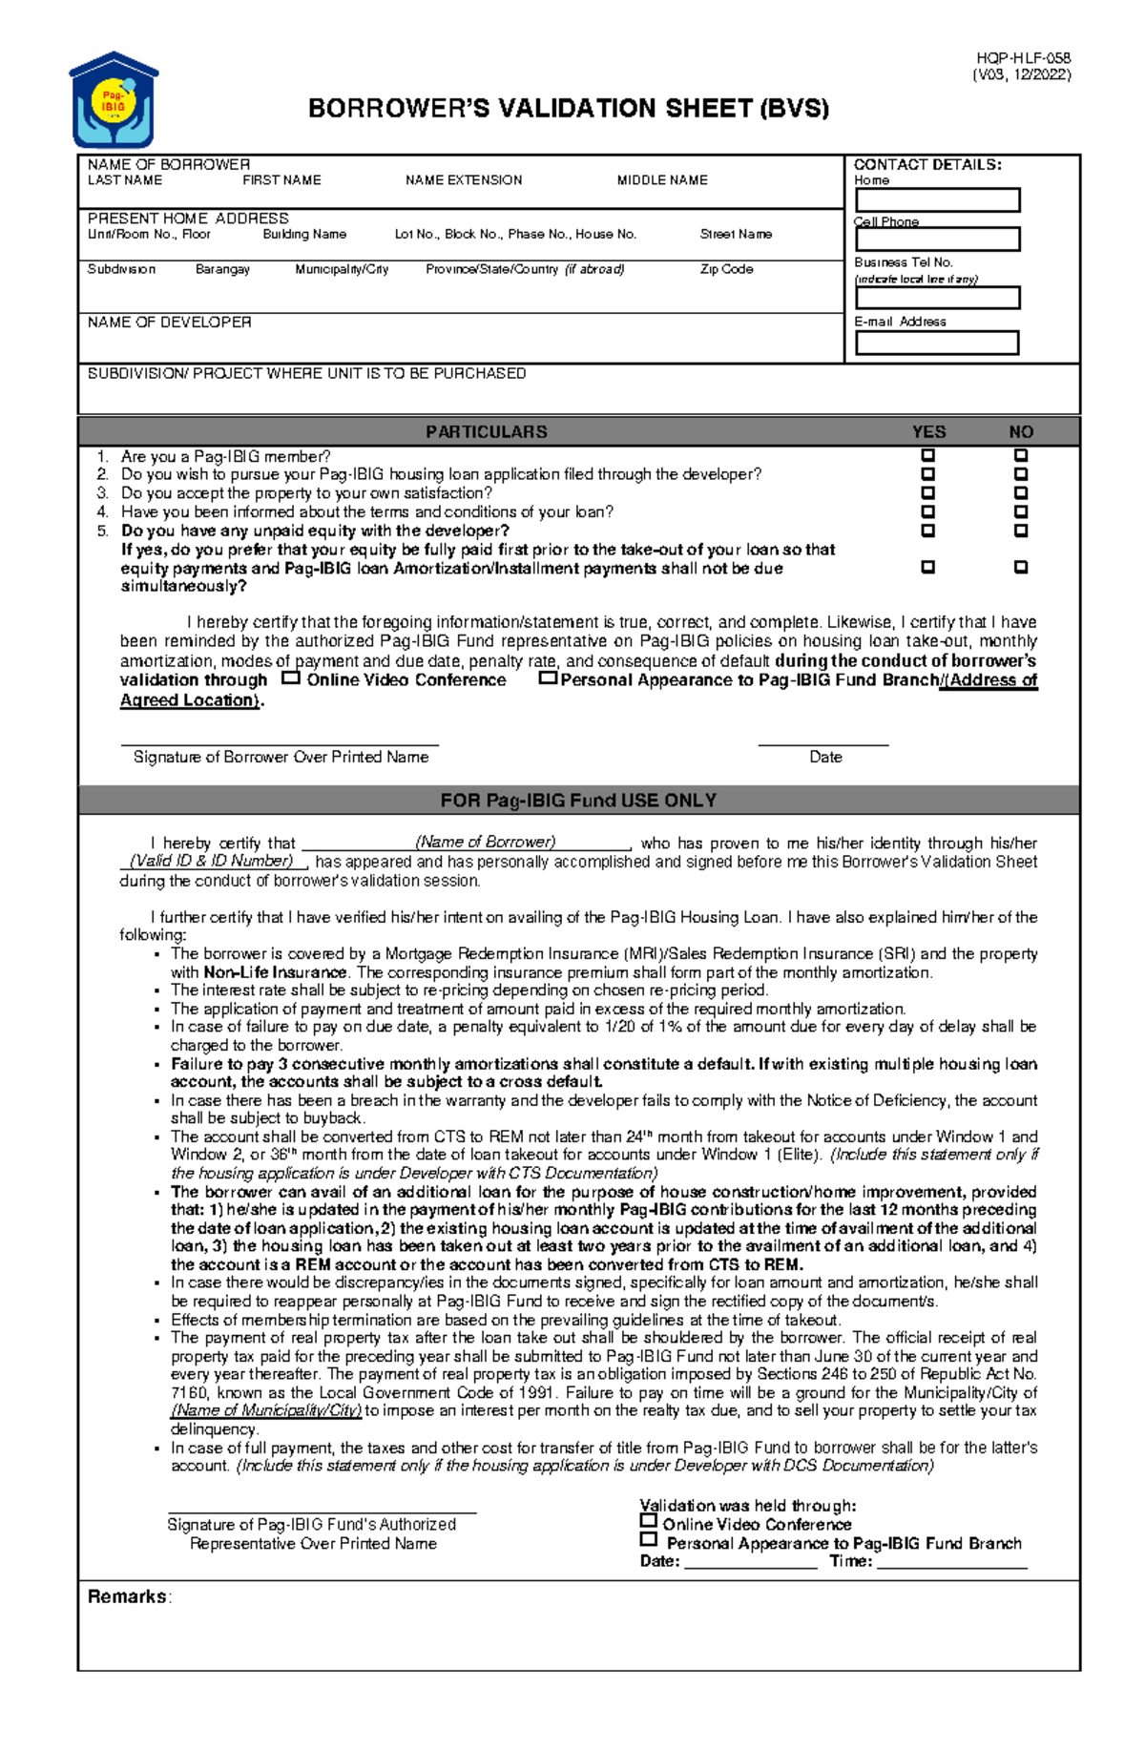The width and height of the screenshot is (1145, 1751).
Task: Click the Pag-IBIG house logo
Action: click(113, 99)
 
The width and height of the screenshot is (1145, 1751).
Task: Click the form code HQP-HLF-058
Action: click(1023, 58)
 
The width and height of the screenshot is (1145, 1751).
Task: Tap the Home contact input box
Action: click(937, 199)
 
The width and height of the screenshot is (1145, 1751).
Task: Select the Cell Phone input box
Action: click(937, 239)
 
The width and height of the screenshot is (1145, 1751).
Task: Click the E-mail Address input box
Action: click(937, 343)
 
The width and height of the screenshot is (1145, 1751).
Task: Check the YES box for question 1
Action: click(927, 456)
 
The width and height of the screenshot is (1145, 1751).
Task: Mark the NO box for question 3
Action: click(1020, 493)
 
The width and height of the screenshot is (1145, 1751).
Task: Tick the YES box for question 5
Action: click(927, 531)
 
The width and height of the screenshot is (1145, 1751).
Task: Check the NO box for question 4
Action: click(1020, 512)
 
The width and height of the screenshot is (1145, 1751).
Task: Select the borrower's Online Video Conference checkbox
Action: click(291, 678)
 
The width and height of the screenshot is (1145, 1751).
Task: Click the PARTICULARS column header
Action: click(486, 431)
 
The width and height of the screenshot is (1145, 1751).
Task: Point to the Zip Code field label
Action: click(726, 269)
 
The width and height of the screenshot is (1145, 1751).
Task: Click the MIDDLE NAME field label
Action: click(661, 179)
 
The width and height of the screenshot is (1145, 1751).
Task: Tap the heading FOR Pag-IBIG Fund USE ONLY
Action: click(578, 800)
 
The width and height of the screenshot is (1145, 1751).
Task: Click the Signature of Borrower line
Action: click(280, 741)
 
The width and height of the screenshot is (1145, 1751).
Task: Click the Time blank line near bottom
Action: click(951, 1562)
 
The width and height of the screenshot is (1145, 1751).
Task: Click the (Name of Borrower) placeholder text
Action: click(485, 842)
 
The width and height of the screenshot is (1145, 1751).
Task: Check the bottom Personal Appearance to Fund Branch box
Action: click(649, 1539)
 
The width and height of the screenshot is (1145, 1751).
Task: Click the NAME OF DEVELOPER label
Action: click(169, 323)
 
